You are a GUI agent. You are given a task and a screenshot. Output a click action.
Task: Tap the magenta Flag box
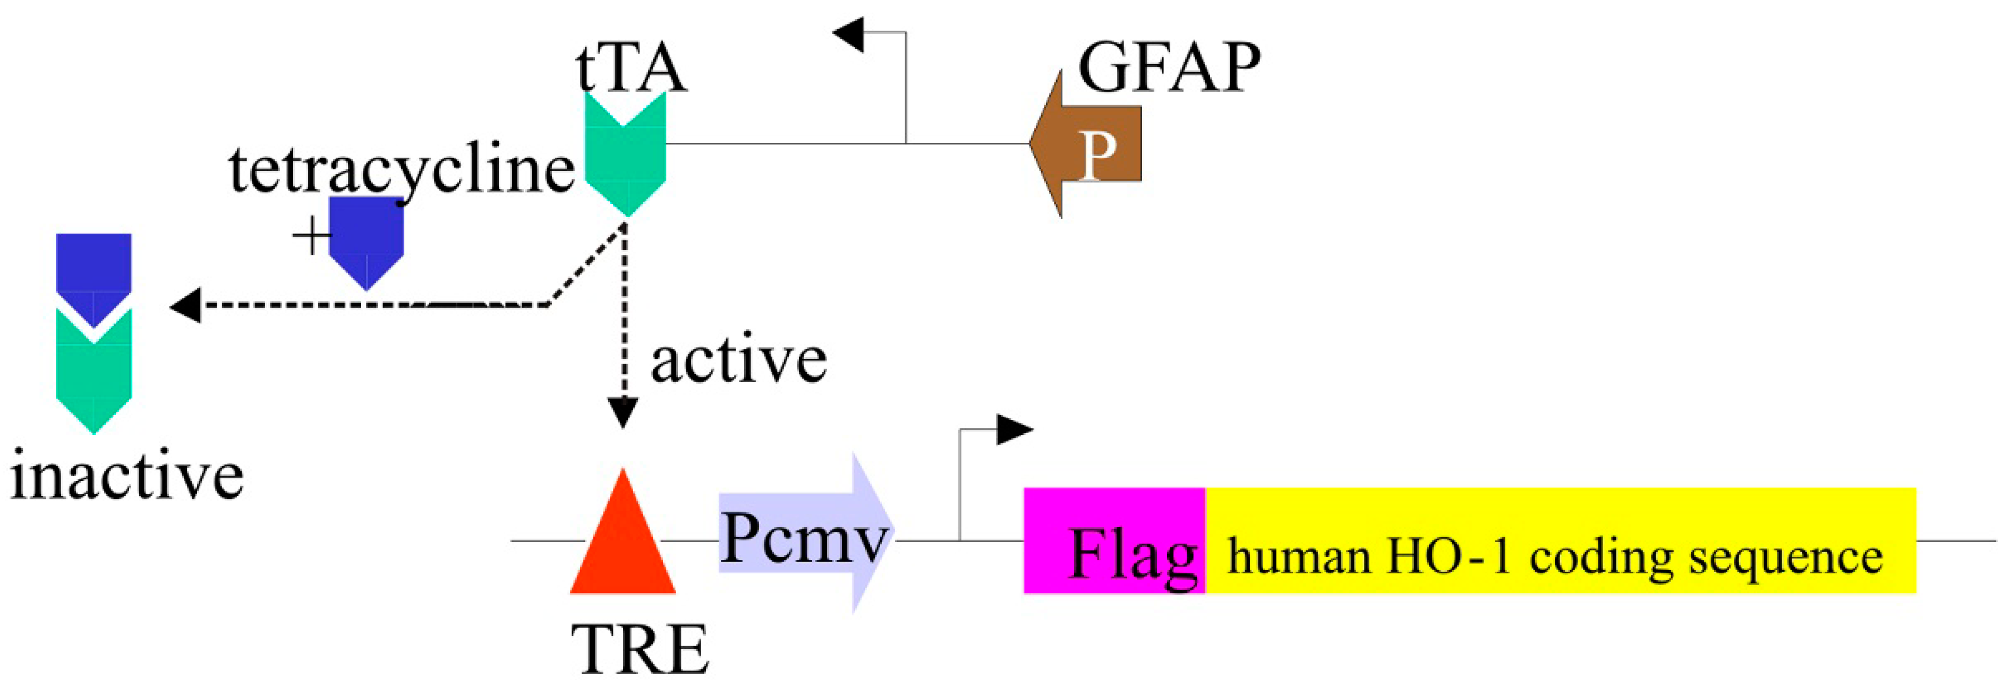point(1114,540)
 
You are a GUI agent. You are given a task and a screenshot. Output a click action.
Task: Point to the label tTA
point(631,68)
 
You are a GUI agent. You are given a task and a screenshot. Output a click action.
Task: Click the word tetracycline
point(401,170)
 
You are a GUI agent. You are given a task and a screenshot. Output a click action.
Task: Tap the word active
point(738,360)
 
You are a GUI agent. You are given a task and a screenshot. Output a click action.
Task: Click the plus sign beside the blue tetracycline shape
point(311,236)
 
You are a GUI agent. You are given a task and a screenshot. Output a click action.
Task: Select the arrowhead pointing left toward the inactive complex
point(186,305)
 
